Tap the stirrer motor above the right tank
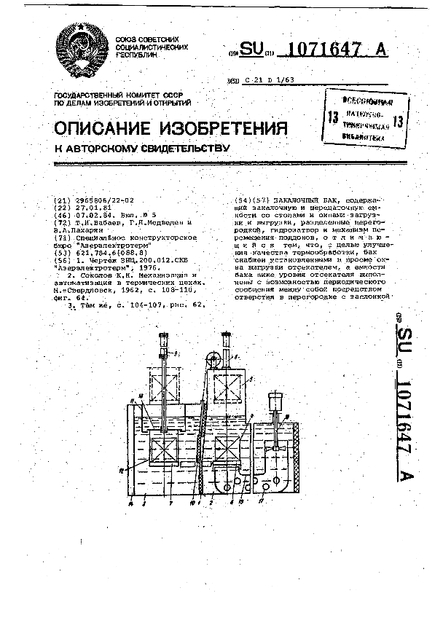pyautogui.click(x=275, y=402)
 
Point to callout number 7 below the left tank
pyautogui.click(x=170, y=503)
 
